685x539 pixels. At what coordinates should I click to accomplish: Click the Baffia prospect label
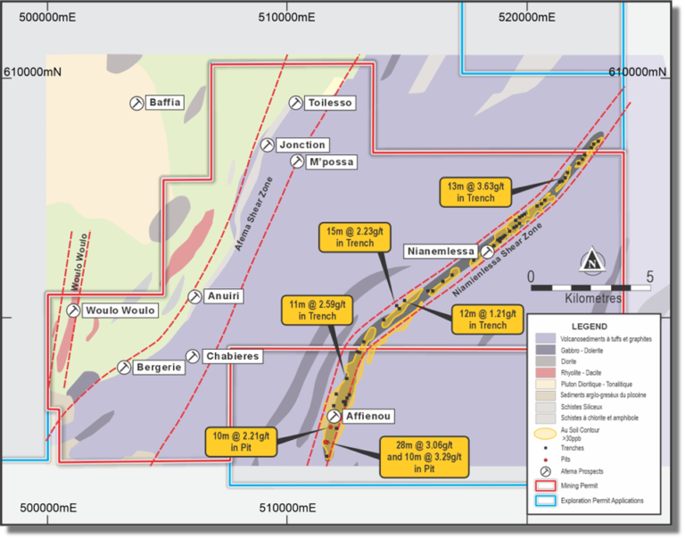coord(165,103)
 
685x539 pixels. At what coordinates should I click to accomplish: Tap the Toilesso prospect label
coord(330,104)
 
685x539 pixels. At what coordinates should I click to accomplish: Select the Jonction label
coord(301,145)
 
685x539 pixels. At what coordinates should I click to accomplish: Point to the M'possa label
coord(331,162)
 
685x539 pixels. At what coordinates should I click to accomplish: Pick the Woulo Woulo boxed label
coord(120,311)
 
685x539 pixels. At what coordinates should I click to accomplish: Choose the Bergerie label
coord(158,367)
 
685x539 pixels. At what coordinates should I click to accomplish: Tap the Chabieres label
coord(231,356)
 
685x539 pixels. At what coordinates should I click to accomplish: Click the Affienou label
coord(367,417)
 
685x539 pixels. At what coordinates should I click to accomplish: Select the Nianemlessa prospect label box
coord(441,252)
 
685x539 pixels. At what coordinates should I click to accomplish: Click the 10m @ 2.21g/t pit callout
coord(242,440)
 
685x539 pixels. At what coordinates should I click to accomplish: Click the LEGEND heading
coord(590,327)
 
